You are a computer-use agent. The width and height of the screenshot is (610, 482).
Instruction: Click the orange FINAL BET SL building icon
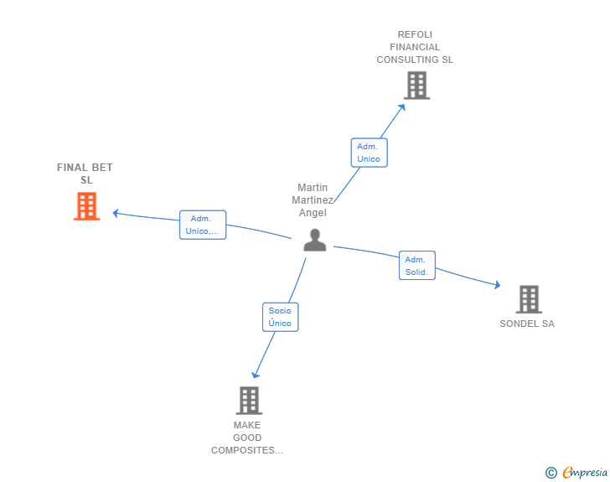pyautogui.click(x=86, y=206)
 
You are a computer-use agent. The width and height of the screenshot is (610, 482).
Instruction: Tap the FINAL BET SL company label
pyautogui.click(x=85, y=174)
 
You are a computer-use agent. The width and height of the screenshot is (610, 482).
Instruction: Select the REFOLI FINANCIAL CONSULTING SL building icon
pyautogui.click(x=416, y=86)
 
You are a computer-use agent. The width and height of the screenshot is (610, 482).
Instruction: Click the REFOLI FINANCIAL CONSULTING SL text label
pyautogui.click(x=415, y=48)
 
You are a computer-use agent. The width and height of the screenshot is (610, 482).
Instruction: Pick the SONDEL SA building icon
pyautogui.click(x=528, y=299)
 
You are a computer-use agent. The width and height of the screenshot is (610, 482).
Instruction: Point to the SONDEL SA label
pyautogui.click(x=527, y=324)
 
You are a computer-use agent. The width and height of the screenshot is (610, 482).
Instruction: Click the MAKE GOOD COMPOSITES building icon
pyautogui.click(x=249, y=401)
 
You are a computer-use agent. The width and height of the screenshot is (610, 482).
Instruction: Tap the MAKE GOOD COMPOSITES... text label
pyautogui.click(x=247, y=438)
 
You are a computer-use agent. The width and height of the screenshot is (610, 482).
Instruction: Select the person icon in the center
pyautogui.click(x=314, y=241)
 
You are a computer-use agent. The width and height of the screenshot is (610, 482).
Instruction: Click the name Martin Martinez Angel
pyautogui.click(x=313, y=200)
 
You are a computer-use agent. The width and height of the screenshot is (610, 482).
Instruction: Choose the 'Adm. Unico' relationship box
pyautogui.click(x=369, y=153)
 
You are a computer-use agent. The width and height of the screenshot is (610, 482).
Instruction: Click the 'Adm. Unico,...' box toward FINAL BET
pyautogui.click(x=203, y=225)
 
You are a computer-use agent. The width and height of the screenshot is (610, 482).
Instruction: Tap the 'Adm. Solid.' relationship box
pyautogui.click(x=416, y=266)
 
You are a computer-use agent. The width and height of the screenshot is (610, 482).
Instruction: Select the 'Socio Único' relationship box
pyautogui.click(x=280, y=317)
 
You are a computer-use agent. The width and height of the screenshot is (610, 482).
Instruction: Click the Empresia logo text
pyautogui.click(x=585, y=473)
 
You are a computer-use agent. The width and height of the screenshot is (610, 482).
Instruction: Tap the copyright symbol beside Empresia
pyautogui.click(x=551, y=473)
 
